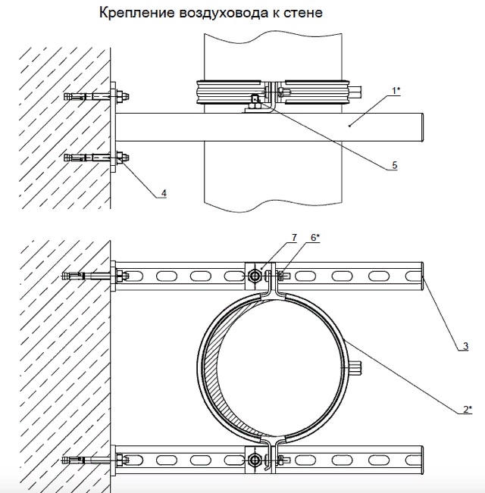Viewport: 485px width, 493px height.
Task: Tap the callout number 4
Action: click(x=164, y=193)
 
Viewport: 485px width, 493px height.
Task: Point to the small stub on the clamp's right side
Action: click(x=357, y=368)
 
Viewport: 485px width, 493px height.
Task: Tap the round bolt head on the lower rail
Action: click(x=255, y=458)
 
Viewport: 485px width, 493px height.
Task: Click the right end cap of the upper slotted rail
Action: click(x=421, y=276)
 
